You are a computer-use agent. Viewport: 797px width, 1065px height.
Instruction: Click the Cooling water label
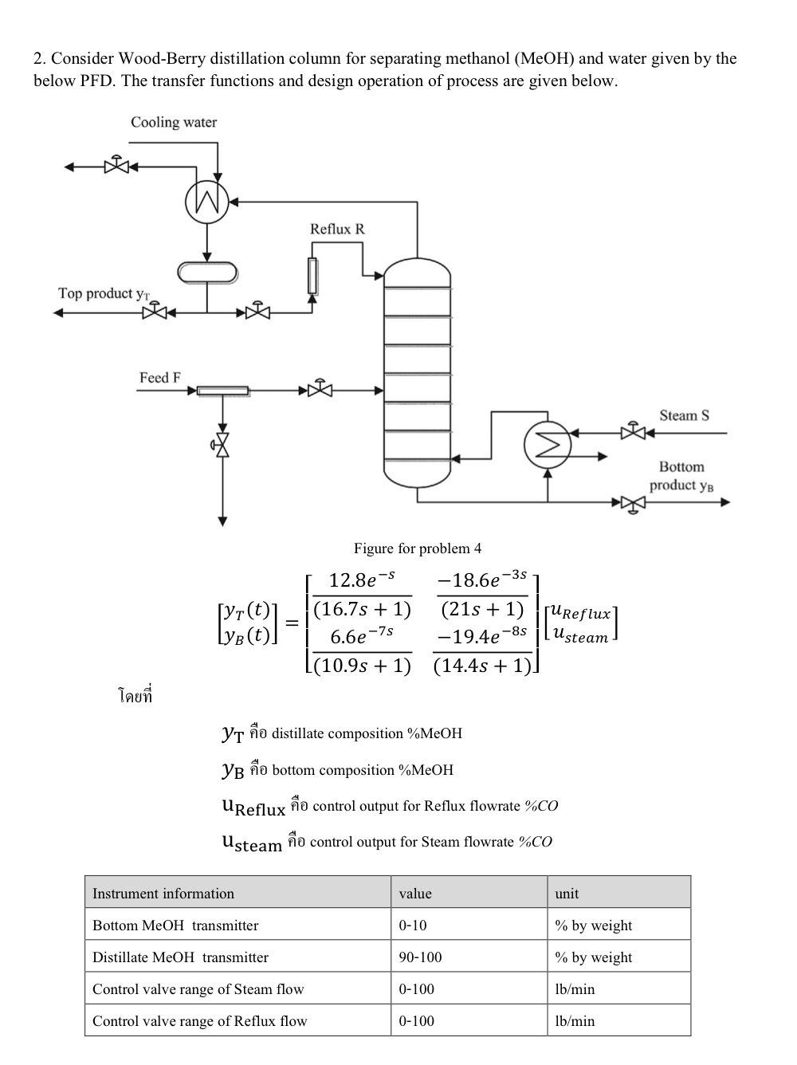[173, 122]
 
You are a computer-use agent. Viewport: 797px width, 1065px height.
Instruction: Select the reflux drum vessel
[207, 272]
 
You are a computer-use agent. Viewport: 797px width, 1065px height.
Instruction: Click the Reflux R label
[337, 229]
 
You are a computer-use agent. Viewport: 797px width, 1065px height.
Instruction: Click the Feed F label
[159, 377]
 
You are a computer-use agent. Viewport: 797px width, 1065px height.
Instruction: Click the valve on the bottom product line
[633, 503]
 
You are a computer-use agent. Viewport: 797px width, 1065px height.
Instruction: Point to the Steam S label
[684, 415]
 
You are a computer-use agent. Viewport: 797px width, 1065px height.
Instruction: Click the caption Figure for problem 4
[418, 548]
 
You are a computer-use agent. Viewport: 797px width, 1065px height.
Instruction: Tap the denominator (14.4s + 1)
[483, 666]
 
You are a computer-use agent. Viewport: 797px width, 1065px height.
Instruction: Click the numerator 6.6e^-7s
[361, 636]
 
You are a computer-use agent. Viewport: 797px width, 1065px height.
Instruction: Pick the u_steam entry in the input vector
[580, 636]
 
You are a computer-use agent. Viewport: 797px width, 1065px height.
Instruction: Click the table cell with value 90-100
[420, 957]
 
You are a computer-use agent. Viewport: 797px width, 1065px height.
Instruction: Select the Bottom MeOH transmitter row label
[175, 925]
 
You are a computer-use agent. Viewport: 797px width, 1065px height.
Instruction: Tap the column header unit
[567, 893]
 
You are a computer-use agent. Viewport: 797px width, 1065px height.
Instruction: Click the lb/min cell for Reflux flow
[575, 1020]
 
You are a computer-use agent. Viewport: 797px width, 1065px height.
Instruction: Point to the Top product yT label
[104, 293]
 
